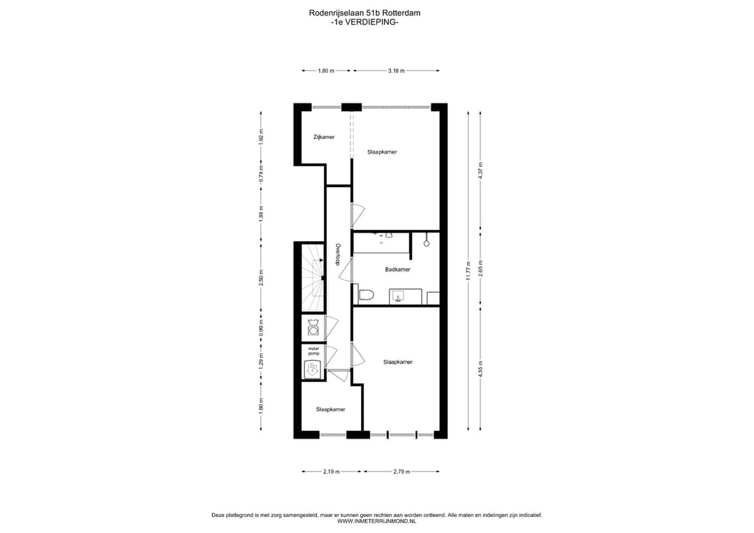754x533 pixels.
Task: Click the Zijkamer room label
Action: (x=323, y=137)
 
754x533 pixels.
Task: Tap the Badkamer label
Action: (x=397, y=269)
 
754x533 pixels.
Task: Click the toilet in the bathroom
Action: (x=366, y=295)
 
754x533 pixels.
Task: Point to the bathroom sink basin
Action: (x=399, y=297)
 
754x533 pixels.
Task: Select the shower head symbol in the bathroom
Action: (x=426, y=243)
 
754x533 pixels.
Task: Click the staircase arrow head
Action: (x=320, y=261)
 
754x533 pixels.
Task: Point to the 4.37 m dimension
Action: (x=480, y=170)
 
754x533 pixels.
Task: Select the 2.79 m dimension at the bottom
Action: (x=401, y=472)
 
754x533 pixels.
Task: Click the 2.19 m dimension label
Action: (x=331, y=472)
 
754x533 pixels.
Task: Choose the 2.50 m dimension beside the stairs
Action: (x=261, y=277)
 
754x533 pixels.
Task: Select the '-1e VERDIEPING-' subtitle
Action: (x=364, y=22)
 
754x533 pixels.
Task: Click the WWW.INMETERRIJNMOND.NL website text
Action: (x=376, y=521)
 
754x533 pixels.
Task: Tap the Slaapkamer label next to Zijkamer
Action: (x=382, y=152)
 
